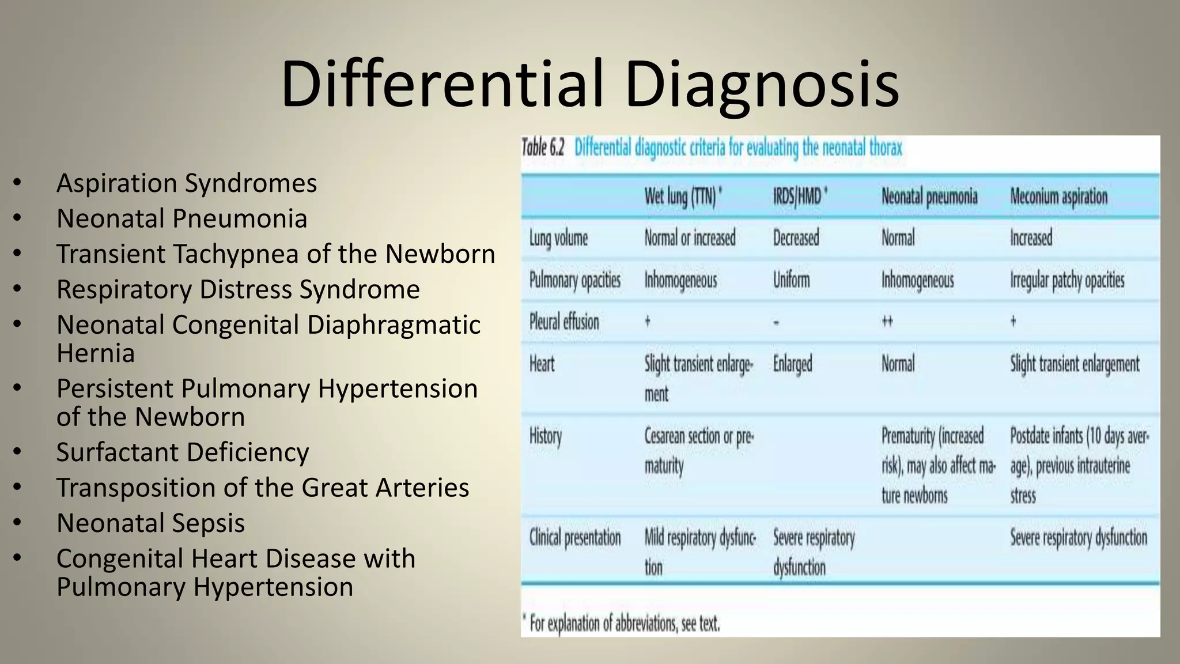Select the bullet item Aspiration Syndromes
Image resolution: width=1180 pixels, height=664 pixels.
pyautogui.click(x=186, y=183)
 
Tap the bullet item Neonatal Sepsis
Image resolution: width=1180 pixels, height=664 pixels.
pyautogui.click(x=150, y=523)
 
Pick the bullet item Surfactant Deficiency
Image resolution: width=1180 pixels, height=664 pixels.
pyautogui.click(x=183, y=452)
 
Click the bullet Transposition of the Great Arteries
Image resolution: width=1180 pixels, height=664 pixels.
pyautogui.click(x=262, y=488)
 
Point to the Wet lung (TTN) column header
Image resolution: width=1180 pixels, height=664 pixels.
pyautogui.click(x=683, y=197)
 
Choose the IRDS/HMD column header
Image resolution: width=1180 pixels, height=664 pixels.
pyautogui.click(x=800, y=197)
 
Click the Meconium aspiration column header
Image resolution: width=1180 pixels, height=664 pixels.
pyautogui.click(x=1058, y=197)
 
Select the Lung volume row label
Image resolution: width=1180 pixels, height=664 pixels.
pyautogui.click(x=558, y=238)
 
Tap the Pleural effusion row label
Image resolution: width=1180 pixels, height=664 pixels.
pyautogui.click(x=564, y=322)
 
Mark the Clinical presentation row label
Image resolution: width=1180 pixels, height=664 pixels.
pyautogui.click(x=575, y=538)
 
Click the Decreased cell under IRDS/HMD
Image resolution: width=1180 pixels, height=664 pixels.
pyautogui.click(x=796, y=238)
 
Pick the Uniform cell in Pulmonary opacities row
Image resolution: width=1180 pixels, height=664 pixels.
pyautogui.click(x=791, y=280)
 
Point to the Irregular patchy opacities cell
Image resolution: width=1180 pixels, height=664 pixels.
pyautogui.click(x=1067, y=281)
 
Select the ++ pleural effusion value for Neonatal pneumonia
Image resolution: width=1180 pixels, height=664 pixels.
pyautogui.click(x=887, y=322)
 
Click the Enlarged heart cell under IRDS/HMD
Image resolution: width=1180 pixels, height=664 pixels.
pyautogui.click(x=792, y=364)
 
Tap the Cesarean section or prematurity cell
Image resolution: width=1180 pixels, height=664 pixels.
pyautogui.click(x=698, y=451)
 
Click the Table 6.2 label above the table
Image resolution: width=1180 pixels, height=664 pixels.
pyautogui.click(x=543, y=148)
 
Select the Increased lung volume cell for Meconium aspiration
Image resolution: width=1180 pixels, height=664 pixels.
pyautogui.click(x=1031, y=238)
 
